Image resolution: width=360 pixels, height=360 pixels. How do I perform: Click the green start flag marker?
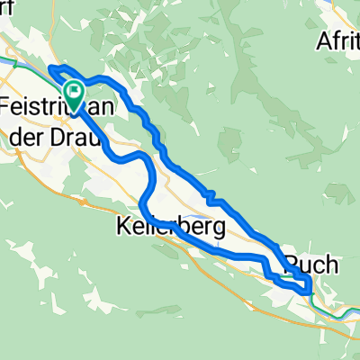(73, 91)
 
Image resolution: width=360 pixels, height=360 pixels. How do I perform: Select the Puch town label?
(312, 265)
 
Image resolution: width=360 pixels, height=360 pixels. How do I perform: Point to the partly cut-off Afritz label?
(339, 40)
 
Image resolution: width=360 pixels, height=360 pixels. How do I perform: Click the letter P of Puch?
(292, 265)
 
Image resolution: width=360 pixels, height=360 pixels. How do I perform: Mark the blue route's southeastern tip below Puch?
(309, 291)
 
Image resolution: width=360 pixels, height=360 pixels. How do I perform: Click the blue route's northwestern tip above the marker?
(50, 68)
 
